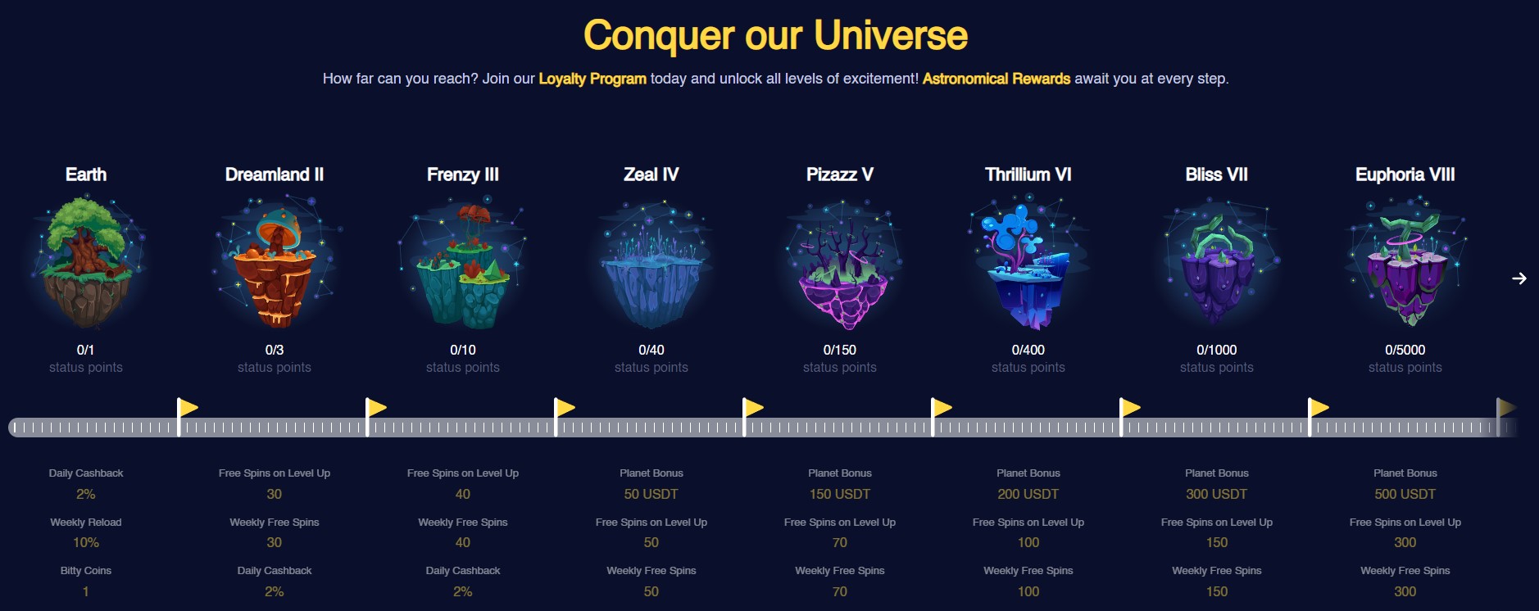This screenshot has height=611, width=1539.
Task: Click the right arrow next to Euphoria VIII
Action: [x=1519, y=278]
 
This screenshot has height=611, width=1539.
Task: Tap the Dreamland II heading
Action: [x=275, y=174]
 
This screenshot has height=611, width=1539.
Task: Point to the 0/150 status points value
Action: [x=840, y=350]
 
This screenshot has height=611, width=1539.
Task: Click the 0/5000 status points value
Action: [x=1405, y=350]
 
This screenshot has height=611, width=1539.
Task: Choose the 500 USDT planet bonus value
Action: [x=1405, y=494]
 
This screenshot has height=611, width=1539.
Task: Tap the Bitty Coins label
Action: [x=86, y=571]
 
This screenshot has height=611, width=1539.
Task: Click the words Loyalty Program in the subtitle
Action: [x=592, y=79]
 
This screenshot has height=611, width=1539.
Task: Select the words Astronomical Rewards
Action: [x=996, y=79]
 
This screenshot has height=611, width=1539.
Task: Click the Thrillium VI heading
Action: [x=1028, y=174]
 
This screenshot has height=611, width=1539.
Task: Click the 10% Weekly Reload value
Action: [x=86, y=542]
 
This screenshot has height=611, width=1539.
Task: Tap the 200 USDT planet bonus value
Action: [x=1028, y=494]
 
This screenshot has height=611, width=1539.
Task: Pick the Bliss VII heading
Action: [x=1217, y=174]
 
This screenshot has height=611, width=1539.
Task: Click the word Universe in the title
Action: [x=891, y=35]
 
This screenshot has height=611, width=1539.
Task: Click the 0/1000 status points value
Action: [x=1217, y=350]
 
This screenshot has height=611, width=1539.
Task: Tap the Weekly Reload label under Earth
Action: [x=86, y=523]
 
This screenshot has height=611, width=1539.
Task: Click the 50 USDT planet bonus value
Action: [x=651, y=494]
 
